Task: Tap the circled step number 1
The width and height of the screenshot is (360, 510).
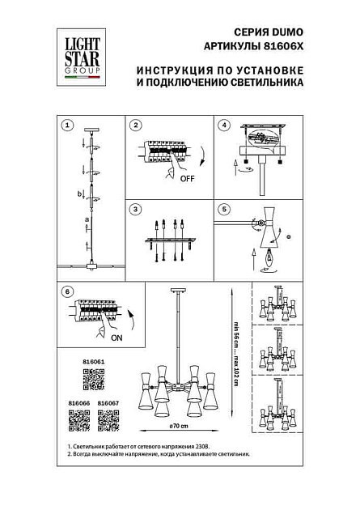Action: tap(68, 125)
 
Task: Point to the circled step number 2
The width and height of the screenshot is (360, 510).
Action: tap(137, 125)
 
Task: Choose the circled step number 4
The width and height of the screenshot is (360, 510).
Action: tap(226, 125)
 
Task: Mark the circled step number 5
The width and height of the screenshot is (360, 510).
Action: tap(226, 210)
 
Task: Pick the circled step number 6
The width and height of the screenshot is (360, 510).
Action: tap(68, 291)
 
